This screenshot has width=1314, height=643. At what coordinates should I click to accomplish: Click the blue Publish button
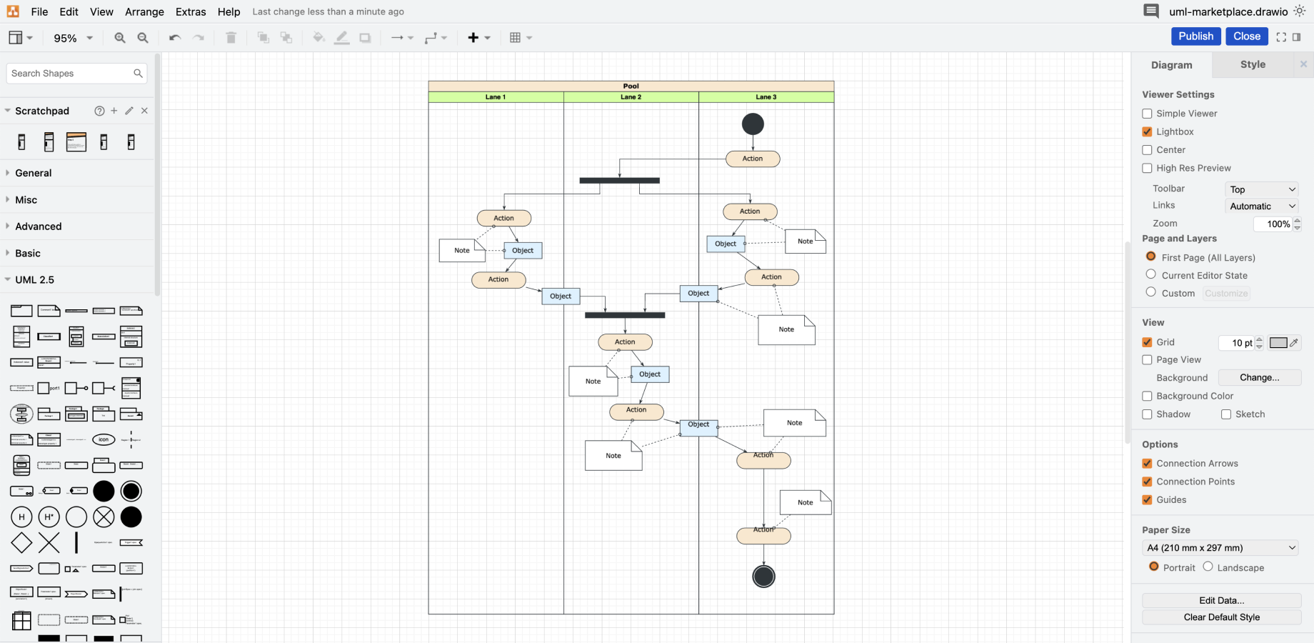(x=1195, y=36)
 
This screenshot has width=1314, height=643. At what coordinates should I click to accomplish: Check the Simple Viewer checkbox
(x=1147, y=114)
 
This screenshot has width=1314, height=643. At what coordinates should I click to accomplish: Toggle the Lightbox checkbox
(x=1147, y=131)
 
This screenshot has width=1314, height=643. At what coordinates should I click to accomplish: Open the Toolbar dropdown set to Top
(x=1261, y=189)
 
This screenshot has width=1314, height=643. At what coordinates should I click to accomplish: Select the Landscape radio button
(x=1208, y=567)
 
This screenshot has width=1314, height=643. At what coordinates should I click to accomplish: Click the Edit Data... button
(x=1221, y=600)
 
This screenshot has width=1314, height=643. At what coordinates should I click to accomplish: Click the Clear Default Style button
(x=1221, y=617)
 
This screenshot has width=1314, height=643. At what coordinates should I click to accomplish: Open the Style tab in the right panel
(x=1253, y=64)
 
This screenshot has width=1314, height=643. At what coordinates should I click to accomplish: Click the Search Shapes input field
(x=70, y=74)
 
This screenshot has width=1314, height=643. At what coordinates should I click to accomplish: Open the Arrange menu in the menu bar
(x=144, y=12)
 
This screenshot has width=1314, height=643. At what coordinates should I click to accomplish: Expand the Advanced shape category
(x=39, y=226)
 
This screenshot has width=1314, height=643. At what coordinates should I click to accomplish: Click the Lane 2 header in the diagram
(x=631, y=97)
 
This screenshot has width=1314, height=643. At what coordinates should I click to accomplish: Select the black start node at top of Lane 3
(x=753, y=124)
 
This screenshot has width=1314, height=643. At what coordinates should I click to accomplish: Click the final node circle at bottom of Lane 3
(x=763, y=577)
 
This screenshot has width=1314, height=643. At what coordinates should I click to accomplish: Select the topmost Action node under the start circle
(x=753, y=159)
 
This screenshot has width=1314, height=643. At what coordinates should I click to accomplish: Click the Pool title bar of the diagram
(x=631, y=86)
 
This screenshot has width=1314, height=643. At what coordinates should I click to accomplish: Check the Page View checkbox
(x=1147, y=360)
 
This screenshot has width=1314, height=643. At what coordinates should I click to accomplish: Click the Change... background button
(x=1259, y=378)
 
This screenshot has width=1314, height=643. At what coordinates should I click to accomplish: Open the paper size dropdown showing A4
(x=1220, y=548)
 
